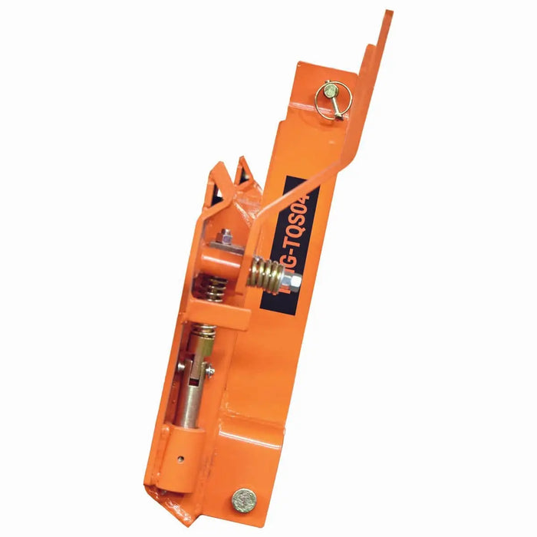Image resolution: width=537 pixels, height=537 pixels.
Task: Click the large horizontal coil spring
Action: click(266, 272)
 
